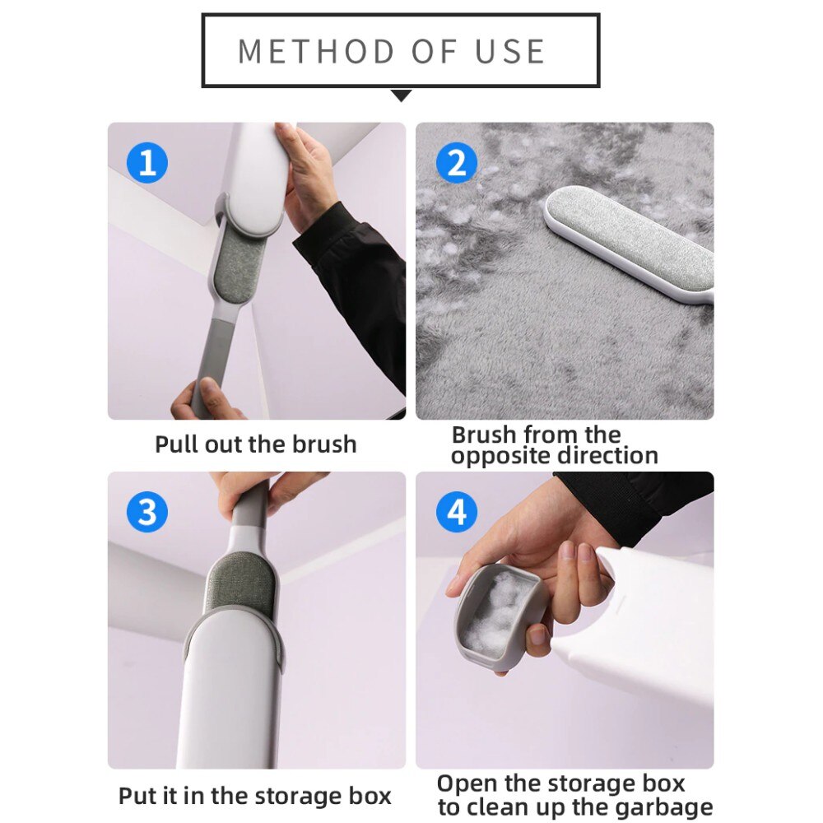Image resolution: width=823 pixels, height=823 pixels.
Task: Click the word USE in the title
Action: click(x=510, y=51)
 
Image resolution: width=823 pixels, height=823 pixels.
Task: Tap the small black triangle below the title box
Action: click(x=401, y=96)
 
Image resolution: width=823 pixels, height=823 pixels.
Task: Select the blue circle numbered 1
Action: click(x=146, y=162)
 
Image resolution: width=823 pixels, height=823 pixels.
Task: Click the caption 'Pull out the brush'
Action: click(x=256, y=444)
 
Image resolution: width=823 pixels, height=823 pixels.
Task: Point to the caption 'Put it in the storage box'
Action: click(x=255, y=796)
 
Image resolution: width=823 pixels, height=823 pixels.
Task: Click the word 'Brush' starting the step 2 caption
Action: click(x=484, y=435)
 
